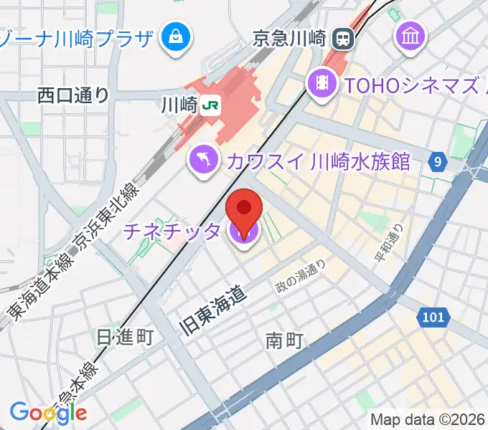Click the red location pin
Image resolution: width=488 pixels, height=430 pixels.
[x=245, y=209]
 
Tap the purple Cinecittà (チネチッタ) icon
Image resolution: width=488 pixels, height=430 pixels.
[x=244, y=232]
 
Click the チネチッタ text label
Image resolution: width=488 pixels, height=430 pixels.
[x=172, y=231]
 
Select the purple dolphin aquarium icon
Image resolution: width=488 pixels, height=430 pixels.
[x=204, y=159]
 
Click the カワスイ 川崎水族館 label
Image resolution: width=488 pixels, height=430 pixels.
[x=317, y=161]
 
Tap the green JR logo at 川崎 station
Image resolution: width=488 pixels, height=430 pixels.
[x=210, y=105]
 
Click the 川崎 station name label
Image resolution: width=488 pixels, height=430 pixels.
[x=179, y=105]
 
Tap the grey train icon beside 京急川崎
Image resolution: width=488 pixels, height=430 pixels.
[x=344, y=37]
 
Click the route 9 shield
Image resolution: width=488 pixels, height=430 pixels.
[x=437, y=162]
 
